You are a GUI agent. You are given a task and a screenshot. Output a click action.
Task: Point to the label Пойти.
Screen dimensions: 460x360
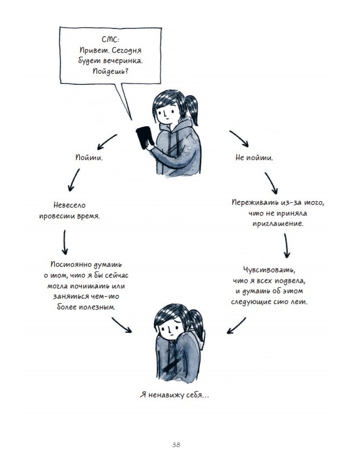89,159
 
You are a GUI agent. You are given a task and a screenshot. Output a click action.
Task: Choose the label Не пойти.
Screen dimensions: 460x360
254,159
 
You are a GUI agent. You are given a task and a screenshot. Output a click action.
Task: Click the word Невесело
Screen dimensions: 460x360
70,205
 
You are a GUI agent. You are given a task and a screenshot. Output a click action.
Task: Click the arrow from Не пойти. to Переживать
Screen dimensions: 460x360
272,183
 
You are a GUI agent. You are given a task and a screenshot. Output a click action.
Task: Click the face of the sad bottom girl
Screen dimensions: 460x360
168,327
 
